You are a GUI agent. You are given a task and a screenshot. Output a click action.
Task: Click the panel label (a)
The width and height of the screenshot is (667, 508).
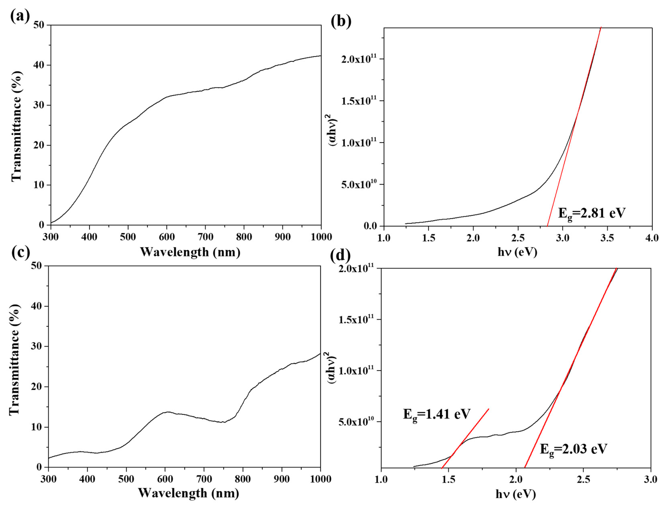click(x=20, y=16)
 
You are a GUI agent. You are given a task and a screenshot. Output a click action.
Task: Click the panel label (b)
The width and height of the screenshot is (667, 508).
click(x=341, y=22)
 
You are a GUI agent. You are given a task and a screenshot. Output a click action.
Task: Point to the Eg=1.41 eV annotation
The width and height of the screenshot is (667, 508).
click(x=436, y=414)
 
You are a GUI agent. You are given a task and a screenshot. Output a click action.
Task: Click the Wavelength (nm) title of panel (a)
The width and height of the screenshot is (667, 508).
click(x=190, y=252)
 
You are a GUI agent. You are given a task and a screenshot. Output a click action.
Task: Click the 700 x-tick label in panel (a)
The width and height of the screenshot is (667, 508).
click(x=205, y=237)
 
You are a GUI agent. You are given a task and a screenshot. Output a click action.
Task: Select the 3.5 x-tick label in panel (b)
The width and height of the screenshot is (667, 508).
click(x=607, y=238)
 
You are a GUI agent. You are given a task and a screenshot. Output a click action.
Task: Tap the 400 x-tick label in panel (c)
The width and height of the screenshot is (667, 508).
click(x=87, y=479)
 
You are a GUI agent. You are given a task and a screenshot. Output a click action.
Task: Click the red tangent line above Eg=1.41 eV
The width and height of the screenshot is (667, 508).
click(x=465, y=438)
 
